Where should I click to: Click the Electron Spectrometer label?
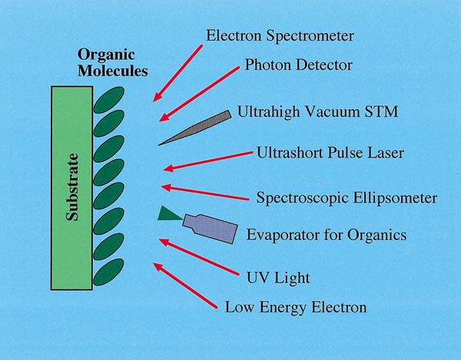click(x=280, y=36)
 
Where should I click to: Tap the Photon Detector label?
click(x=298, y=65)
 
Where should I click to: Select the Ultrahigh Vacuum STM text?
click(x=317, y=112)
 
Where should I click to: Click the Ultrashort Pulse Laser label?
click(x=330, y=153)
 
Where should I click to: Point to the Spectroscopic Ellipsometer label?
click(x=347, y=197)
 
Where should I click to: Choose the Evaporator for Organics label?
click(x=327, y=235)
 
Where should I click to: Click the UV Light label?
click(x=278, y=278)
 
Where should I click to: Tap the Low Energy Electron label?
click(x=296, y=308)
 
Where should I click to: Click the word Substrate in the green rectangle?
click(x=72, y=187)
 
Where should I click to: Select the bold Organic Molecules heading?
click(x=113, y=63)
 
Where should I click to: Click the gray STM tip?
click(x=194, y=127)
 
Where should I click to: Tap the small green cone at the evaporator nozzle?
click(x=170, y=213)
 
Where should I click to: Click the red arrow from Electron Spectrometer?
click(x=177, y=74)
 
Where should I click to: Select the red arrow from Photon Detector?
click(x=199, y=94)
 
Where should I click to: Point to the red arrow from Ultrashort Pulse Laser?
click(x=208, y=161)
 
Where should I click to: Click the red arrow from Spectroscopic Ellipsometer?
click(x=205, y=193)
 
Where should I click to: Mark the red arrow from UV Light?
click(x=199, y=257)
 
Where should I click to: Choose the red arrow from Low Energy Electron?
click(x=185, y=286)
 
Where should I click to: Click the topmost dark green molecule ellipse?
click(x=109, y=100)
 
